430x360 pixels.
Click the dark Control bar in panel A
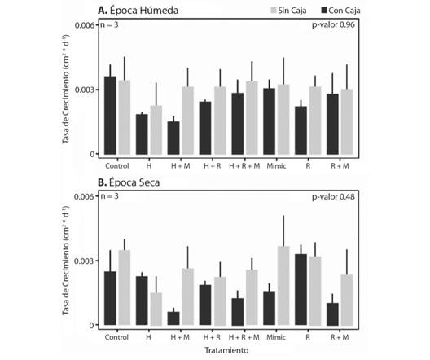click(110, 115)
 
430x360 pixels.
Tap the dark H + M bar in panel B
click(173, 318)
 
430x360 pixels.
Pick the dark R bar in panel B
click(300, 289)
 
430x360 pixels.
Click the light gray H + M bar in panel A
click(187, 120)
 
